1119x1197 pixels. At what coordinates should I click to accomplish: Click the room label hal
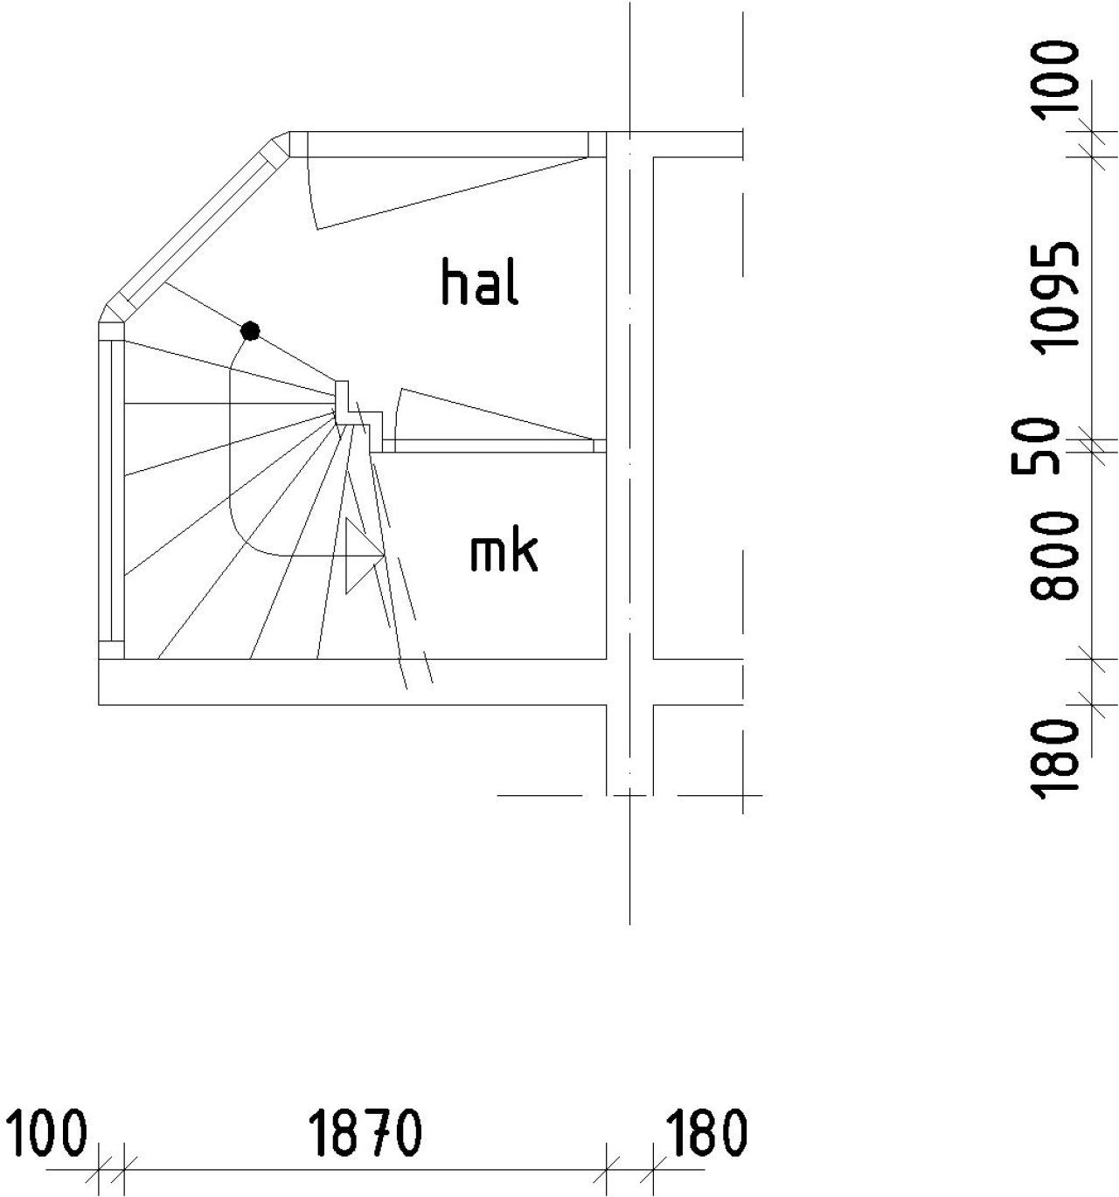coord(480,282)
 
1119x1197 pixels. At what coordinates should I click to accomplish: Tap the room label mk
coord(503,553)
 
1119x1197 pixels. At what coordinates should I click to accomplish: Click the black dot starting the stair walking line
coord(250,331)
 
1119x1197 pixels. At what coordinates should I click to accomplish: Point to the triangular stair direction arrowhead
coord(365,556)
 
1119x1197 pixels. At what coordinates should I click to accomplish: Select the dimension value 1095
coord(1054,298)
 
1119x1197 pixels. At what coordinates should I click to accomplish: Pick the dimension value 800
coord(1054,557)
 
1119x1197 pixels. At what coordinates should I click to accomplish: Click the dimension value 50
coord(1036,446)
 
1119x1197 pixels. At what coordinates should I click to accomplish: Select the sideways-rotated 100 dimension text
coord(1054,77)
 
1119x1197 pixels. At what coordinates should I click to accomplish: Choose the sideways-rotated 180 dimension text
coord(1054,758)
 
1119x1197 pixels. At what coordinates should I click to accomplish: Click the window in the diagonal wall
coord(194,228)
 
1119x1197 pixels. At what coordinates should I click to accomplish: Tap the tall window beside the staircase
coord(112,490)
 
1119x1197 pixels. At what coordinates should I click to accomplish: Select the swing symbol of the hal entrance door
coord(448,193)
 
